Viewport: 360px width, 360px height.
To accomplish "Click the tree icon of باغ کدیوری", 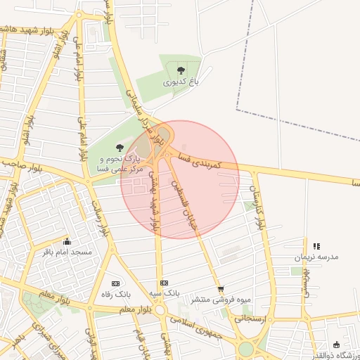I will [181, 70].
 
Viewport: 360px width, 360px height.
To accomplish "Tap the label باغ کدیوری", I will [181, 82].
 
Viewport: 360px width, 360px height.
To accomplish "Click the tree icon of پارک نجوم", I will [119, 149].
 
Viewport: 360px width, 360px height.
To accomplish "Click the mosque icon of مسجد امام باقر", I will [67, 241].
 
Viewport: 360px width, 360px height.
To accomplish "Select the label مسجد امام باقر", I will [67, 252].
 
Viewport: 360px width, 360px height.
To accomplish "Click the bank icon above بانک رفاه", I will [117, 282].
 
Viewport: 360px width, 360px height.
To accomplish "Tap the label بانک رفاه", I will [117, 293].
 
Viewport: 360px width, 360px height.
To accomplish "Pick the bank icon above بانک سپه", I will [165, 282].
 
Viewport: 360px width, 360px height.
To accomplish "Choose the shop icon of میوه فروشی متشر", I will [221, 288].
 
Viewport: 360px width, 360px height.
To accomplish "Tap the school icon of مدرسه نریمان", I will [316, 246].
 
